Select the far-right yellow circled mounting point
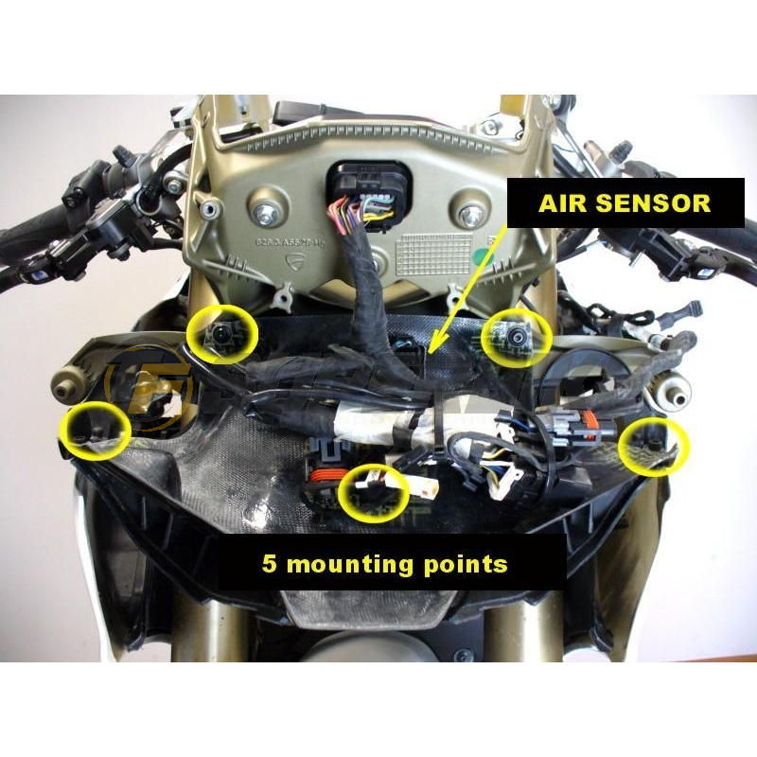coord(654,445)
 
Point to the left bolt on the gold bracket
coord(263,202)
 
